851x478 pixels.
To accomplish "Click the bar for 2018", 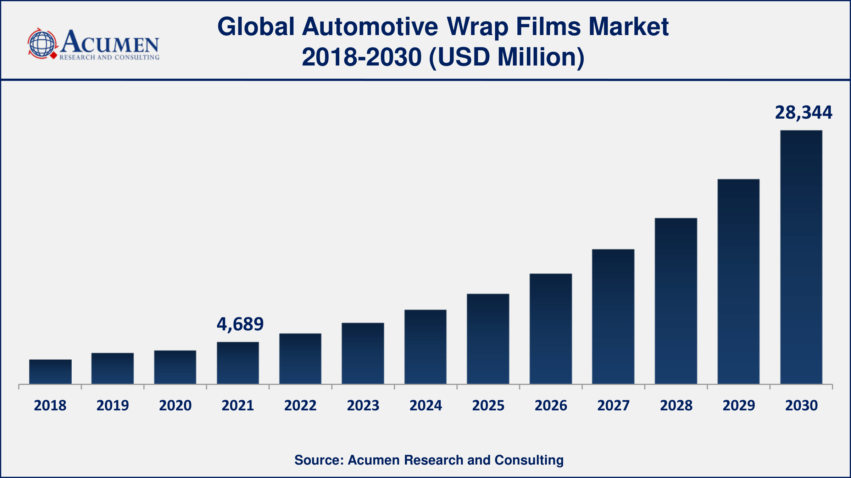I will (x=50, y=371).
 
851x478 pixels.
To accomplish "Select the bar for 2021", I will (x=238, y=363).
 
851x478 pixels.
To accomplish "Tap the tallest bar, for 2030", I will (x=801, y=257).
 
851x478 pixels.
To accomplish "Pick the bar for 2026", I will (x=551, y=329).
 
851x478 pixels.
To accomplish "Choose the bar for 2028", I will (x=676, y=301).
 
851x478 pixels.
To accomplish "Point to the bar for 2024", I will (x=425, y=347).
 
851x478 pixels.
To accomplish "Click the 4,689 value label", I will (x=240, y=324).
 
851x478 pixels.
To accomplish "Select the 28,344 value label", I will (x=803, y=113).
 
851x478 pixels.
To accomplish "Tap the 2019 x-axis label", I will (x=113, y=405).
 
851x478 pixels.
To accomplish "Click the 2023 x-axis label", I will (x=363, y=405).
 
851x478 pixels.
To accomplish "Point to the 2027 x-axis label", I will (x=613, y=405).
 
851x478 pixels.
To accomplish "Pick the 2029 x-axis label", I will (x=739, y=405).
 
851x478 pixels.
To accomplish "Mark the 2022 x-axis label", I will (x=300, y=405).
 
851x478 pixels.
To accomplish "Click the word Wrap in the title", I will (x=478, y=27).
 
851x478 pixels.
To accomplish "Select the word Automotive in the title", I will (x=370, y=27).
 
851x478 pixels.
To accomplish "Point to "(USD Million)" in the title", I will (x=506, y=57).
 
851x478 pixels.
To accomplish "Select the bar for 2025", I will (x=488, y=339).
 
